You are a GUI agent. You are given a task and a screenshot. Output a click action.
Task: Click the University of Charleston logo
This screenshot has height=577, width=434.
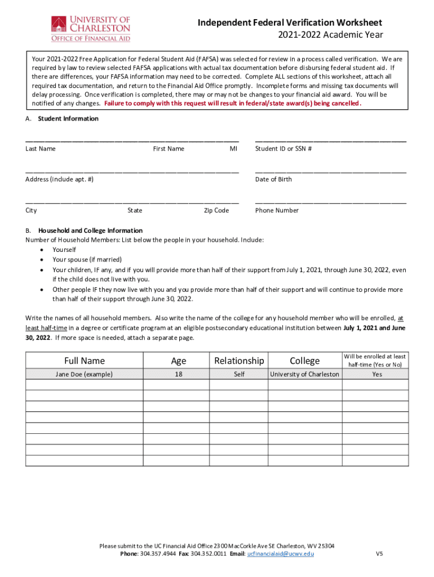(90, 28)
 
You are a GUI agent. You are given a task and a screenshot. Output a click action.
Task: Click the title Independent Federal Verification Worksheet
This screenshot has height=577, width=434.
(290, 23)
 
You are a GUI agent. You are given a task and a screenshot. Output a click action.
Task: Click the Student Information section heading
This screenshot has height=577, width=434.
(68, 119)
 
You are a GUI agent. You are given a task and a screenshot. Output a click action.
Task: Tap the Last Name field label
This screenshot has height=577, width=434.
(41, 149)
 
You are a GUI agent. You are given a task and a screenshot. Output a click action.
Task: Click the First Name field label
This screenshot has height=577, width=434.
(169, 149)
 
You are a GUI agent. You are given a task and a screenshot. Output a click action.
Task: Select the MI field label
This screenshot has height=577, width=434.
(233, 149)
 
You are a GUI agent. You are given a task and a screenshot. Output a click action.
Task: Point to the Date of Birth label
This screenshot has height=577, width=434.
(273, 179)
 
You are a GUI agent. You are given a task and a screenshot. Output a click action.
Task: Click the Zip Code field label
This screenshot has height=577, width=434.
(216, 210)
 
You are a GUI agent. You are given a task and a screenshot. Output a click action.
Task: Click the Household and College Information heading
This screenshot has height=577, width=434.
(90, 230)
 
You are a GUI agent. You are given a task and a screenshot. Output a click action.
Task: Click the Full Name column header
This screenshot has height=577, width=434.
(84, 361)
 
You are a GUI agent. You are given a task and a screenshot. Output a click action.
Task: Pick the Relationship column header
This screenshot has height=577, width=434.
(239, 361)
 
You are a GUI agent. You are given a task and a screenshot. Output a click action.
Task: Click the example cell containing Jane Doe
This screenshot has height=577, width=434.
(84, 374)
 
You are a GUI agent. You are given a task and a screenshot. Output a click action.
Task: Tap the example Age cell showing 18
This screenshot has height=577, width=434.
(178, 374)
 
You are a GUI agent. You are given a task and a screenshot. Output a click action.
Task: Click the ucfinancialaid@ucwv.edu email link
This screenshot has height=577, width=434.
(281, 554)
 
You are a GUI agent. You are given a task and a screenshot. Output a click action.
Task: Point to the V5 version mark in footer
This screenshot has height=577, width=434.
(379, 554)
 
